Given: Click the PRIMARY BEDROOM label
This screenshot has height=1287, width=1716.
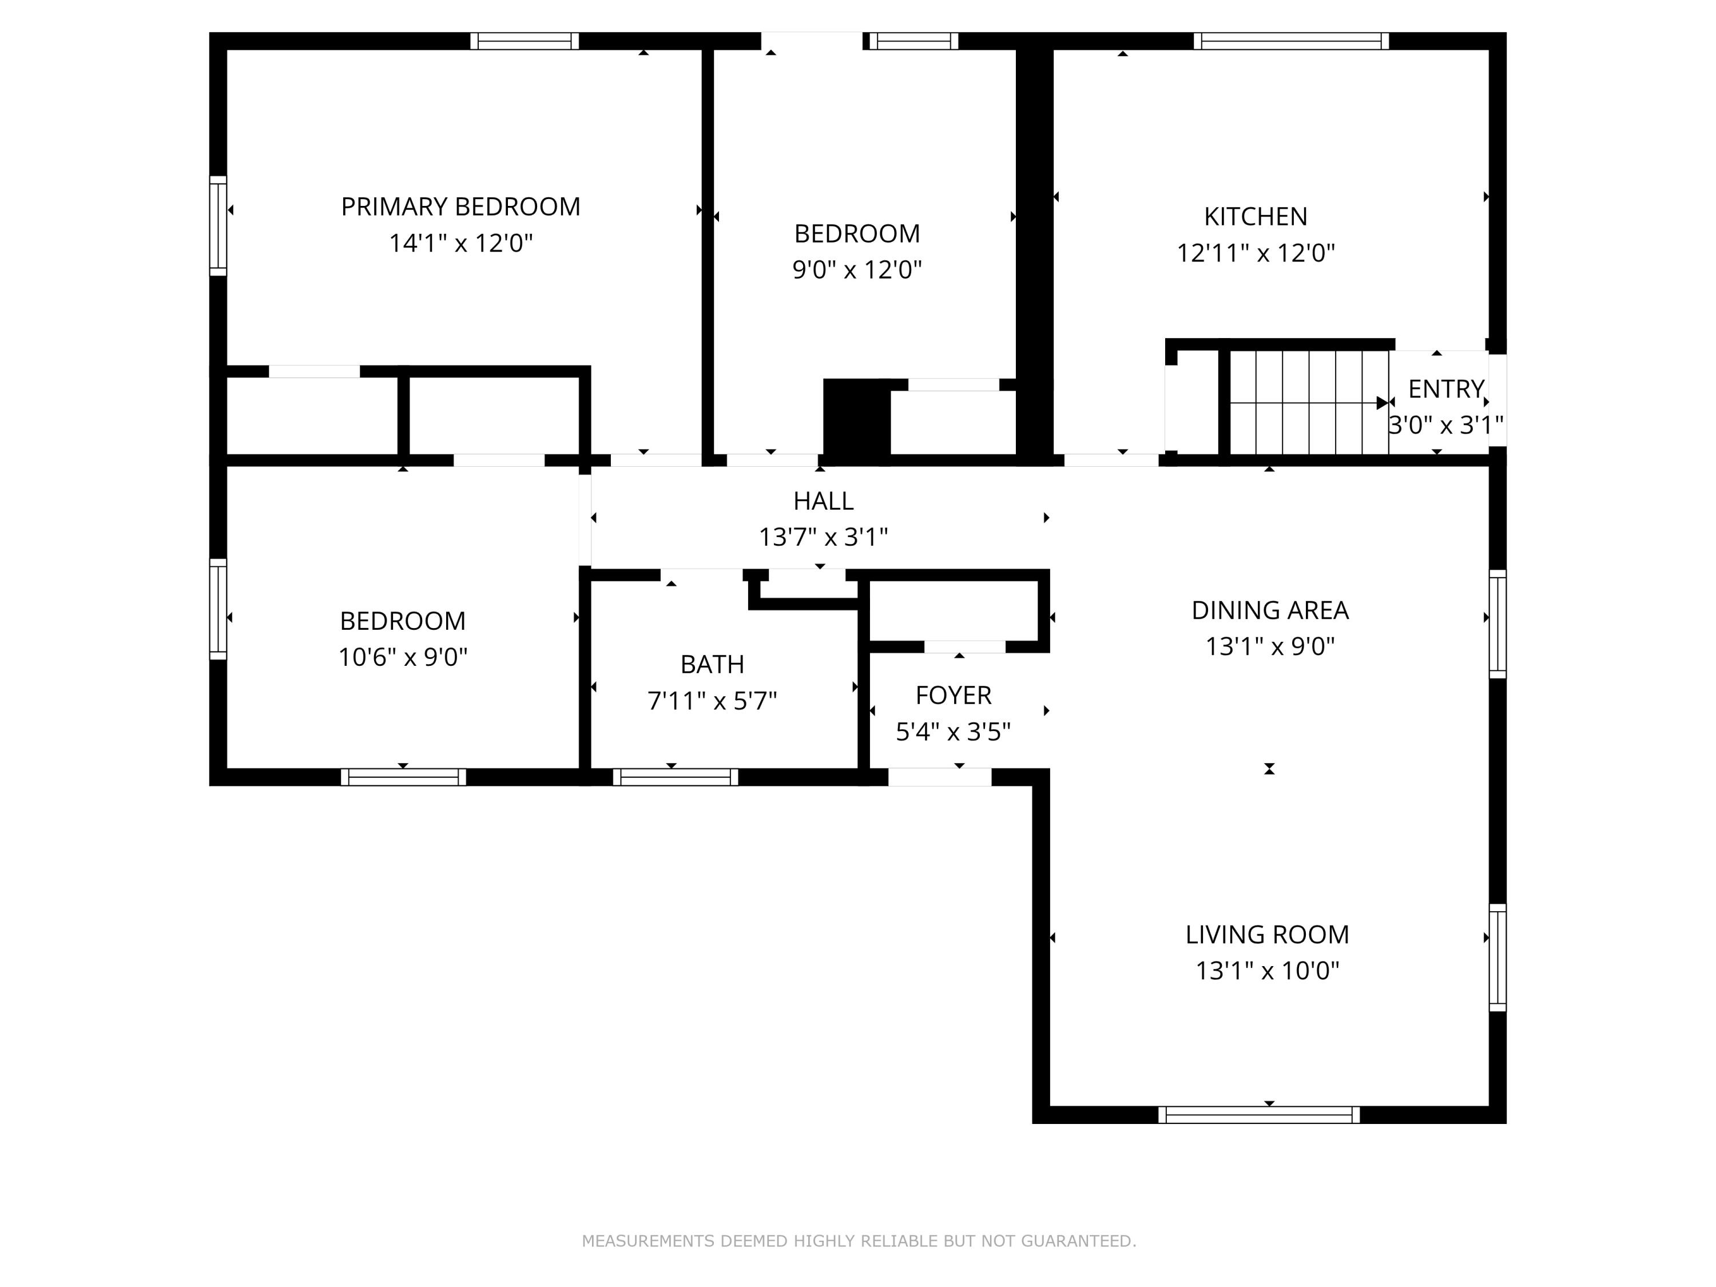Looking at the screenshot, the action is click(461, 207).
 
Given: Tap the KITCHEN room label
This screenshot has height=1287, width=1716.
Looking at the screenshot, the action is click(1255, 216).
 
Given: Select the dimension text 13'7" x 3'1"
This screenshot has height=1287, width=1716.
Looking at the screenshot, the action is click(823, 537).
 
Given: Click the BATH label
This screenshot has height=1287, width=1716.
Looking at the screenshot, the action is click(712, 665).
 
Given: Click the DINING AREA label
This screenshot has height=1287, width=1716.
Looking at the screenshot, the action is click(1270, 610).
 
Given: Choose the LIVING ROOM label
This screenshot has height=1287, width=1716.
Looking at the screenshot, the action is click(1268, 935).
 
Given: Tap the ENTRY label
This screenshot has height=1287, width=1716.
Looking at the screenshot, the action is click(1446, 388).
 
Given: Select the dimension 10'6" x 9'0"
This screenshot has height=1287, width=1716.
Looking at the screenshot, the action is click(403, 658).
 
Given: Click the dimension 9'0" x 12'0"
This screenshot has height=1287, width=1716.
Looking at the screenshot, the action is click(856, 270).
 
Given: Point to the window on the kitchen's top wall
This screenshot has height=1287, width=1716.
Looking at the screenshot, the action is click(1291, 41).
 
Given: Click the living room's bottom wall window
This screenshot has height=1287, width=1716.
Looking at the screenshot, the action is click(1259, 1115).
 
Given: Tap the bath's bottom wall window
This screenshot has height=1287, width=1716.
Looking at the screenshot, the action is click(676, 777).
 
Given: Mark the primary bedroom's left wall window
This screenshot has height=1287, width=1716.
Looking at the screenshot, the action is click(218, 226).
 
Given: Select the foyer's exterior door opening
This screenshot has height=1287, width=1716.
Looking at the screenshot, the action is click(939, 777).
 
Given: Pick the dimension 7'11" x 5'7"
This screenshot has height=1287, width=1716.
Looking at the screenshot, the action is click(712, 701).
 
